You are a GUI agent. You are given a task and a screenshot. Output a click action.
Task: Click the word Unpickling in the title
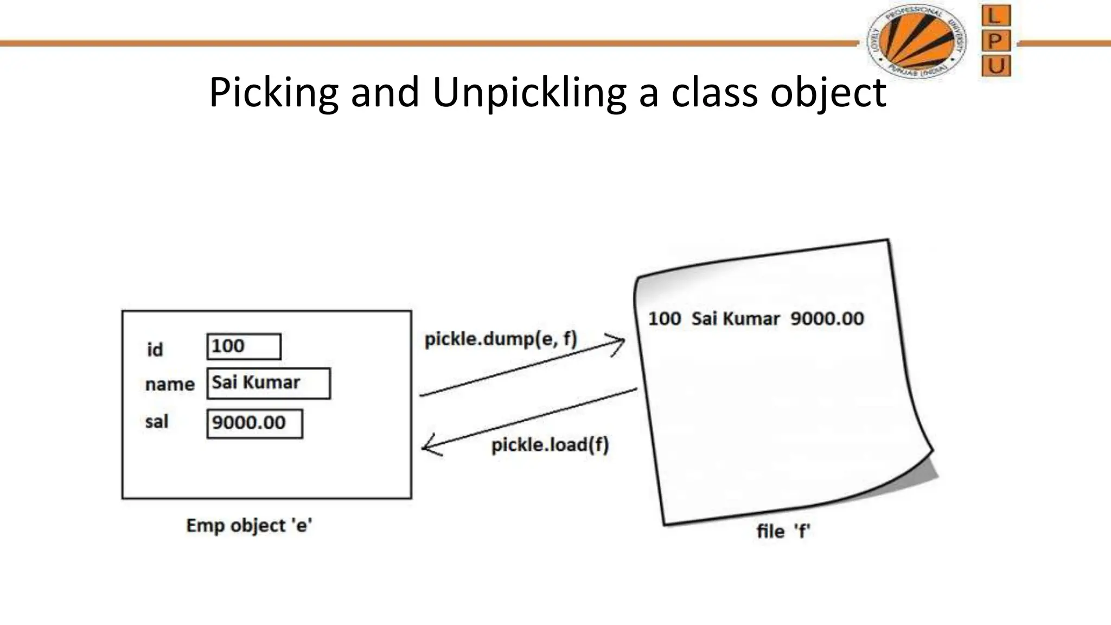pyautogui.click(x=529, y=92)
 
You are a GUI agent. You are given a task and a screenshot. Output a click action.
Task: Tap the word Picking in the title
pyautogui.click(x=273, y=92)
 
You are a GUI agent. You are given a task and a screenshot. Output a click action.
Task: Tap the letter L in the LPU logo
pyautogui.click(x=995, y=16)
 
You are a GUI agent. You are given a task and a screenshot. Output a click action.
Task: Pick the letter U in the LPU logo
pyautogui.click(x=996, y=66)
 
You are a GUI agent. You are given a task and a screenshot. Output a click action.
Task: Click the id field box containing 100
pyautogui.click(x=244, y=347)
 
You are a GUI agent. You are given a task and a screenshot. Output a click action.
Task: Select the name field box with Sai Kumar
pyautogui.click(x=269, y=384)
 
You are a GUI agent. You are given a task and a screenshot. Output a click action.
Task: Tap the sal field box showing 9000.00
pyautogui.click(x=254, y=423)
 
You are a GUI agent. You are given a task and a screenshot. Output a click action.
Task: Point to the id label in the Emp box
pyautogui.click(x=155, y=350)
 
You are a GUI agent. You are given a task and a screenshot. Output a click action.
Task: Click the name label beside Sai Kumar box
pyautogui.click(x=170, y=385)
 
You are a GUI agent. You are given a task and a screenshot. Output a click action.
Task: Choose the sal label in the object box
pyautogui.click(x=157, y=422)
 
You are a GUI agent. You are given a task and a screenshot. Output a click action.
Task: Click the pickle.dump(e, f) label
pyautogui.click(x=500, y=339)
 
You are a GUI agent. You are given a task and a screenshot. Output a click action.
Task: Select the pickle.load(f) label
pyautogui.click(x=550, y=445)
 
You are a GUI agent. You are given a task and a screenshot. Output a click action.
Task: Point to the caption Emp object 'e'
pyautogui.click(x=249, y=526)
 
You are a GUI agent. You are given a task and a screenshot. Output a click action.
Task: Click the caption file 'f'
pyautogui.click(x=783, y=531)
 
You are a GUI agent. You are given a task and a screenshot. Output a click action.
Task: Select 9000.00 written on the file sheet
pyautogui.click(x=827, y=319)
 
